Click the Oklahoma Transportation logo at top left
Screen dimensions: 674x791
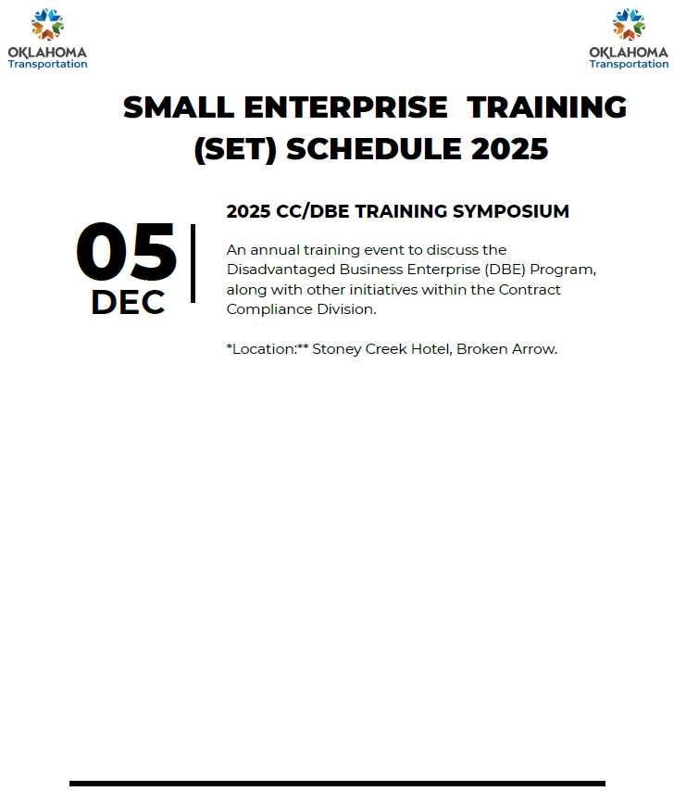[47, 38]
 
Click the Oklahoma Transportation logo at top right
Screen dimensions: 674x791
[629, 38]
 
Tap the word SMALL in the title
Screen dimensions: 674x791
[179, 107]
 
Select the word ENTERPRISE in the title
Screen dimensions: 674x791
[346, 107]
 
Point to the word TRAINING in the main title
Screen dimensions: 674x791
[546, 107]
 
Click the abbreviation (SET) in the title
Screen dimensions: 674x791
[235, 150]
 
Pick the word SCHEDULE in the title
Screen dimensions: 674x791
[373, 149]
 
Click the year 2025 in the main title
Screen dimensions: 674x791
[509, 149]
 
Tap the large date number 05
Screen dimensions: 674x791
[127, 252]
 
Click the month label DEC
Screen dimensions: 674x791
[128, 302]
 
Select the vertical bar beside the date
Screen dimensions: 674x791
[193, 263]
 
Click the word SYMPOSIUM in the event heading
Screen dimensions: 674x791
[511, 211]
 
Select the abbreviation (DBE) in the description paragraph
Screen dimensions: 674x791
[505, 270]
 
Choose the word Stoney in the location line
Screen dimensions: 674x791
[337, 349]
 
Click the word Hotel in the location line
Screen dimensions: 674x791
[431, 349]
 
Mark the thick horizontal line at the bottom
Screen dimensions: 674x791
[337, 784]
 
